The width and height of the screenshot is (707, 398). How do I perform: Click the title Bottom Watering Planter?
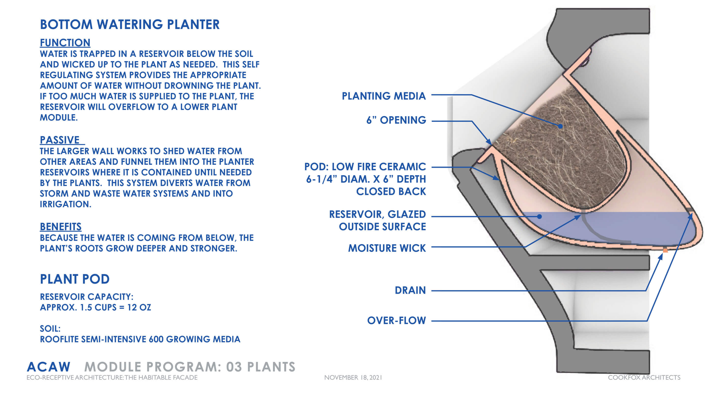[130, 25]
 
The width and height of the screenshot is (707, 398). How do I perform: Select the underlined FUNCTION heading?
[65, 43]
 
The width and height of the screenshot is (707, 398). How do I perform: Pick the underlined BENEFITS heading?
[61, 227]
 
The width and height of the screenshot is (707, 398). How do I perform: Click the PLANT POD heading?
[75, 279]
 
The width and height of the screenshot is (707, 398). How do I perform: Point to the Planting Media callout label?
[384, 96]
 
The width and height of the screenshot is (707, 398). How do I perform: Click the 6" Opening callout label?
[396, 120]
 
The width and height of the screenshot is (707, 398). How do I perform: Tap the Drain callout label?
[410, 290]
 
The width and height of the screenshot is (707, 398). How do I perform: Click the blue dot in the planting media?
[560, 126]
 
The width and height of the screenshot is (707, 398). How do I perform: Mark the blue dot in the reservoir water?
[539, 216]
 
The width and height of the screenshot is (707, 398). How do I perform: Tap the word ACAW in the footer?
[49, 367]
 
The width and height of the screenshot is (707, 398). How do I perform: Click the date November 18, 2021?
[353, 378]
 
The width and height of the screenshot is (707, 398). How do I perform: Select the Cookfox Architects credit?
[644, 378]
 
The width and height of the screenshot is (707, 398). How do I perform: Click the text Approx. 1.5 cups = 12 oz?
[95, 307]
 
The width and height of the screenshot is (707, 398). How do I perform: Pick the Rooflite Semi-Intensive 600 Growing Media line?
[140, 339]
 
